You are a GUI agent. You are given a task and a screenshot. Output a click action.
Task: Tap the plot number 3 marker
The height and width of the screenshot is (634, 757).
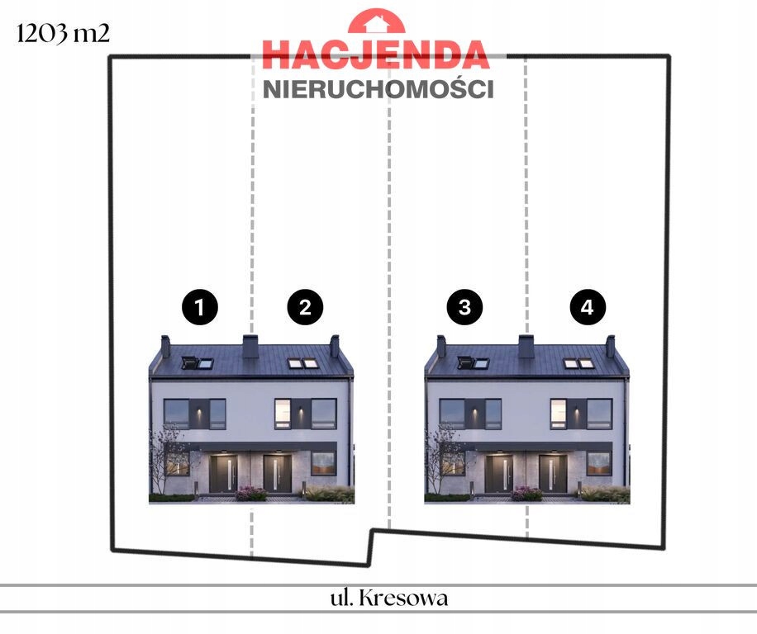click(x=464, y=308)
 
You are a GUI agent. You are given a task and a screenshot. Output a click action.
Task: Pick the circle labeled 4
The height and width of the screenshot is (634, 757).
click(x=588, y=308)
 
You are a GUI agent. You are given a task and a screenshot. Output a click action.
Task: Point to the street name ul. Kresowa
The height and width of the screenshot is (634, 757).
click(x=388, y=598)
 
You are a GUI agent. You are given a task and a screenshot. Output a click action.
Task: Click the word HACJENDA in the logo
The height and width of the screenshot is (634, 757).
click(x=376, y=54)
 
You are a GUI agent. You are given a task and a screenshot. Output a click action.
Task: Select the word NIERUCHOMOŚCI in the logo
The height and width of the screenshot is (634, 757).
click(x=378, y=89)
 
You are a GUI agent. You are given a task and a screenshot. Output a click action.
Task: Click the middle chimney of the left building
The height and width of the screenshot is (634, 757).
click(x=250, y=346)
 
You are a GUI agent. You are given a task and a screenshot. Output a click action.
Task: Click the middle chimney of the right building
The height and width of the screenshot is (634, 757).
click(x=526, y=346)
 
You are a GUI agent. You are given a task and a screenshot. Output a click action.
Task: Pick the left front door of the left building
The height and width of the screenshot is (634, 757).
click(x=222, y=473)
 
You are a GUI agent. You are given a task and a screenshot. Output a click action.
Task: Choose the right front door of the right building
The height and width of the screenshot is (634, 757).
click(x=553, y=473)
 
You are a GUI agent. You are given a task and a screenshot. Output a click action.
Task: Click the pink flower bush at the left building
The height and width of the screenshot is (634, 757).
click(x=250, y=494)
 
